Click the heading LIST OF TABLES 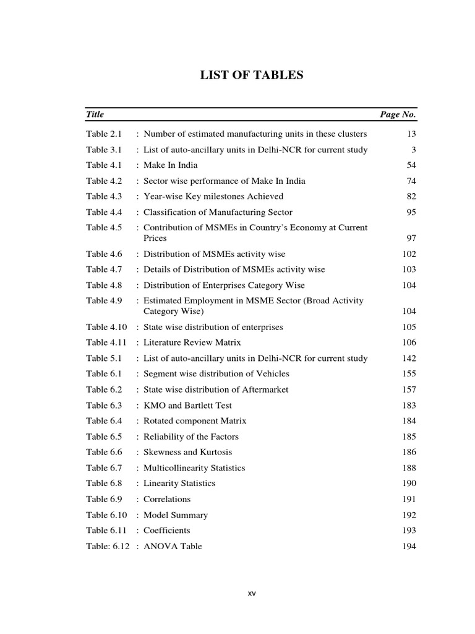coord(250,76)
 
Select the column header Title coord(95,115)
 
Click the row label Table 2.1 coord(105,134)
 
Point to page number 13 coord(411,134)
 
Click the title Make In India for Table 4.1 coord(171,165)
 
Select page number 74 coord(411,181)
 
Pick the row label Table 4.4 coord(105,212)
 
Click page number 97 coord(411,238)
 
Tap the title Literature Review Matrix coord(192,342)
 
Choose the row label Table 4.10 coord(106,327)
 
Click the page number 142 coord(409,358)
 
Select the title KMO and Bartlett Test coord(188,406)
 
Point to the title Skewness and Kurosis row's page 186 coord(409,453)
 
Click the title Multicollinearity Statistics coord(194,468)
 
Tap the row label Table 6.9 coord(105,499)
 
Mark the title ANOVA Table coord(173,546)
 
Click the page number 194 coord(409,547)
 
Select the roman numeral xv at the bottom coord(252,593)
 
